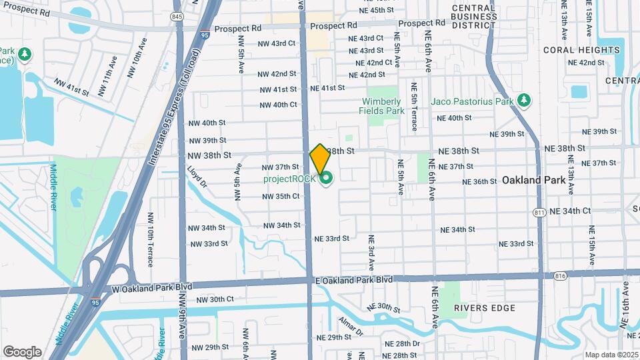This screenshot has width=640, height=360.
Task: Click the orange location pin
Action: tap(320, 159)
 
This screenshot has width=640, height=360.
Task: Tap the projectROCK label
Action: tap(289, 178)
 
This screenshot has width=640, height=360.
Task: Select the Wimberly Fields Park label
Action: tap(383, 106)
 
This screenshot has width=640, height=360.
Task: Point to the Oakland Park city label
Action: tap(534, 180)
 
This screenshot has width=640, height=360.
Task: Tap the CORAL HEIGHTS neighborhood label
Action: tap(581, 50)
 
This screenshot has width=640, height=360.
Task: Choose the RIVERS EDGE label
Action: tap(485, 308)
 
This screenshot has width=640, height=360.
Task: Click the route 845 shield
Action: tap(177, 17)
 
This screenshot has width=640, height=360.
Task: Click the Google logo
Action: tap(22, 352)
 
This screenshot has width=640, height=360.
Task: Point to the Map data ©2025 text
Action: tap(611, 355)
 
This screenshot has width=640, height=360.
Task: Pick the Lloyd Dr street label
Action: tap(197, 177)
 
